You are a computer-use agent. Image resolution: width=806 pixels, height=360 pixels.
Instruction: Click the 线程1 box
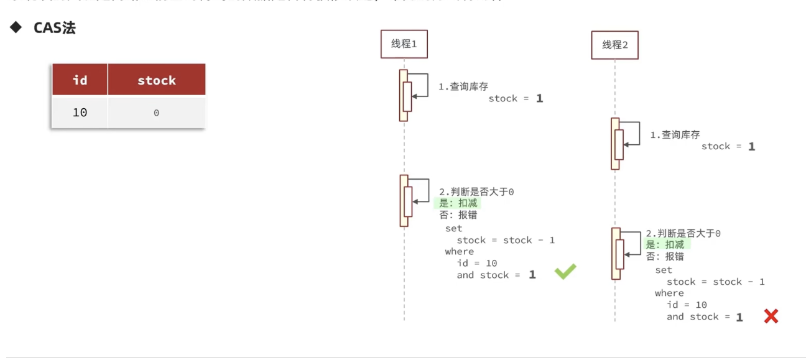coord(404,44)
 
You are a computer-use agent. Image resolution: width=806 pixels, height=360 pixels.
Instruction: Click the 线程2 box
coord(614,45)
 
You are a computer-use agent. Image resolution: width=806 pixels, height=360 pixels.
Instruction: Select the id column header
coord(80,80)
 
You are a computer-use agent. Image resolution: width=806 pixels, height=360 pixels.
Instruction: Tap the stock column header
coord(156,80)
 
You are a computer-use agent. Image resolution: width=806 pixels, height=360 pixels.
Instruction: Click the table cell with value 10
coord(80,113)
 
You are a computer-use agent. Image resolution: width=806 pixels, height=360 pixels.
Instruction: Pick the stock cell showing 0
coord(156,113)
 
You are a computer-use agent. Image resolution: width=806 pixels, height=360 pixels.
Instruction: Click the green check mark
coord(565,271)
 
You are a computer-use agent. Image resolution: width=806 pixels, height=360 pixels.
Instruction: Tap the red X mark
coord(771,316)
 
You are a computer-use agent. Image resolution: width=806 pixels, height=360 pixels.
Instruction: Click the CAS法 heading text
coord(55,29)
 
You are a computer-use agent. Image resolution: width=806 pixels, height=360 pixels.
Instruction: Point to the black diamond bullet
coord(16,28)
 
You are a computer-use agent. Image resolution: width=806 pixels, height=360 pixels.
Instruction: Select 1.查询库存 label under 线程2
coord(675,135)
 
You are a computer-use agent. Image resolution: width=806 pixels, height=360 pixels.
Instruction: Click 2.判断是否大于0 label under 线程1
coord(476,192)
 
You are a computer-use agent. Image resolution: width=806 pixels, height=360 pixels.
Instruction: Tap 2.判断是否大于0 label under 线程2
coord(683,233)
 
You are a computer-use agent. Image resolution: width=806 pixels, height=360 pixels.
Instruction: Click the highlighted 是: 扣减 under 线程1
coord(458,203)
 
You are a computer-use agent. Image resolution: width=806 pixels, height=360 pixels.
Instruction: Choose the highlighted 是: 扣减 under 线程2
coord(665,244)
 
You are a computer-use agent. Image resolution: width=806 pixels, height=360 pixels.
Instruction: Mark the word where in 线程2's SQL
coord(669,293)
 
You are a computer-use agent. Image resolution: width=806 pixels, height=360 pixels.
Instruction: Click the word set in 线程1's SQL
coord(453,229)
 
